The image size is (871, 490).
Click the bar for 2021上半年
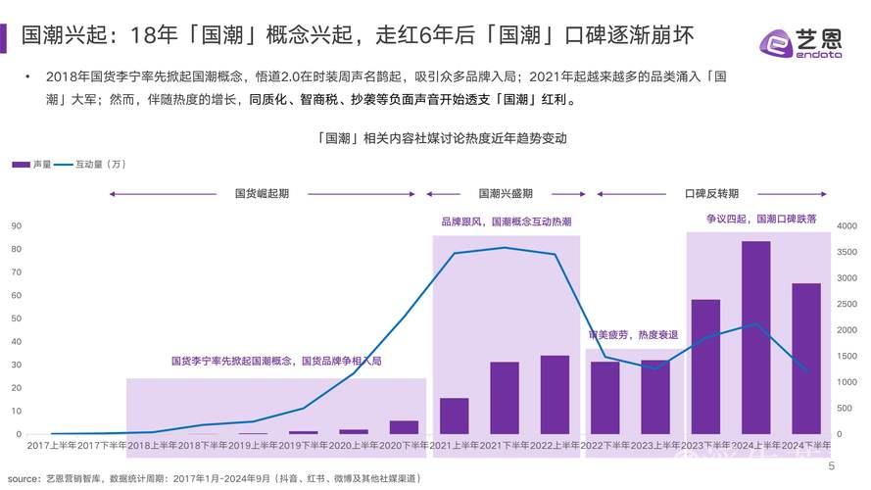tap(454, 416)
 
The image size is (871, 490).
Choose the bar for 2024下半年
tap(806, 358)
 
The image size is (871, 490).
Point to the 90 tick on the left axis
tap(16, 225)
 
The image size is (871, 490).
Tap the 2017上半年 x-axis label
tap(52, 446)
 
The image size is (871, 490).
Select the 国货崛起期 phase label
tap(262, 193)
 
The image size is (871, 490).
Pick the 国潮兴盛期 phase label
tap(506, 193)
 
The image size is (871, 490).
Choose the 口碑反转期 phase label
tap(711, 193)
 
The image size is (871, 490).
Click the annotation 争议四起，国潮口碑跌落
tap(761, 219)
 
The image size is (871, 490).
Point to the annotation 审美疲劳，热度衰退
tap(632, 335)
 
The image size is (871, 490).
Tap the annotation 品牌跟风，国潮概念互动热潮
tap(506, 222)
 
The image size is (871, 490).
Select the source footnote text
tap(215, 477)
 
